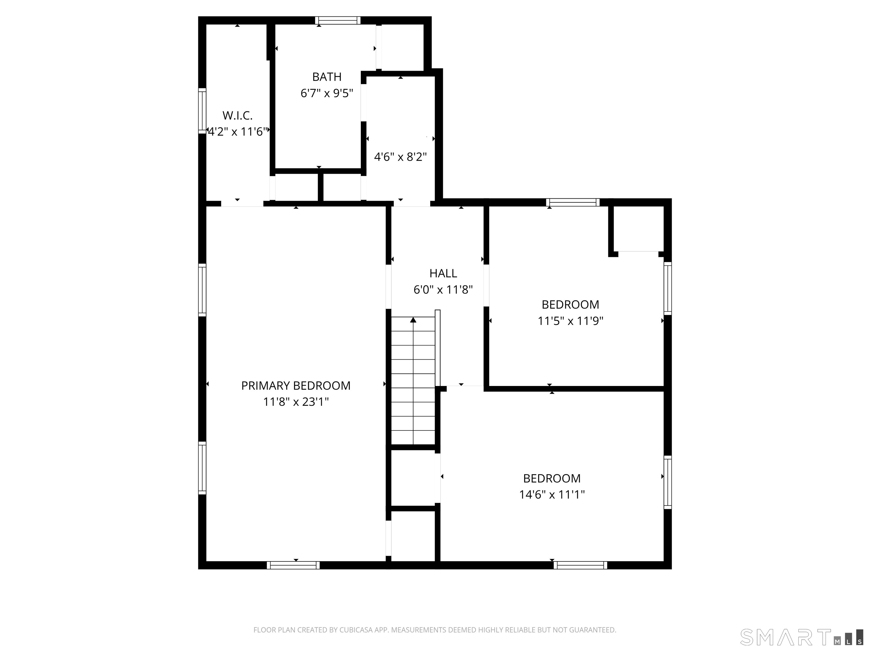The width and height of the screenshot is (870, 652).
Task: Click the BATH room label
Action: click(x=327, y=77)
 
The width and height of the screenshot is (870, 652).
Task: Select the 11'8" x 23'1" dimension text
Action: click(x=296, y=402)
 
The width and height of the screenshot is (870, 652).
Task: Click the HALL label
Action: click(x=443, y=273)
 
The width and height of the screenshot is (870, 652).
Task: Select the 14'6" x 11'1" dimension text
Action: click(x=552, y=494)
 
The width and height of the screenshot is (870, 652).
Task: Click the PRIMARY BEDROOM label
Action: click(x=296, y=385)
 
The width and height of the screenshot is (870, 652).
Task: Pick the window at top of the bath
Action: click(x=338, y=20)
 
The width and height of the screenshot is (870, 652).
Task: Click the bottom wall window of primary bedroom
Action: click(x=293, y=565)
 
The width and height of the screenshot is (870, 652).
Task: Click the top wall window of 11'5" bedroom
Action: click(x=573, y=202)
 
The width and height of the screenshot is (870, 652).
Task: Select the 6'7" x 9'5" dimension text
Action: click(x=327, y=93)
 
